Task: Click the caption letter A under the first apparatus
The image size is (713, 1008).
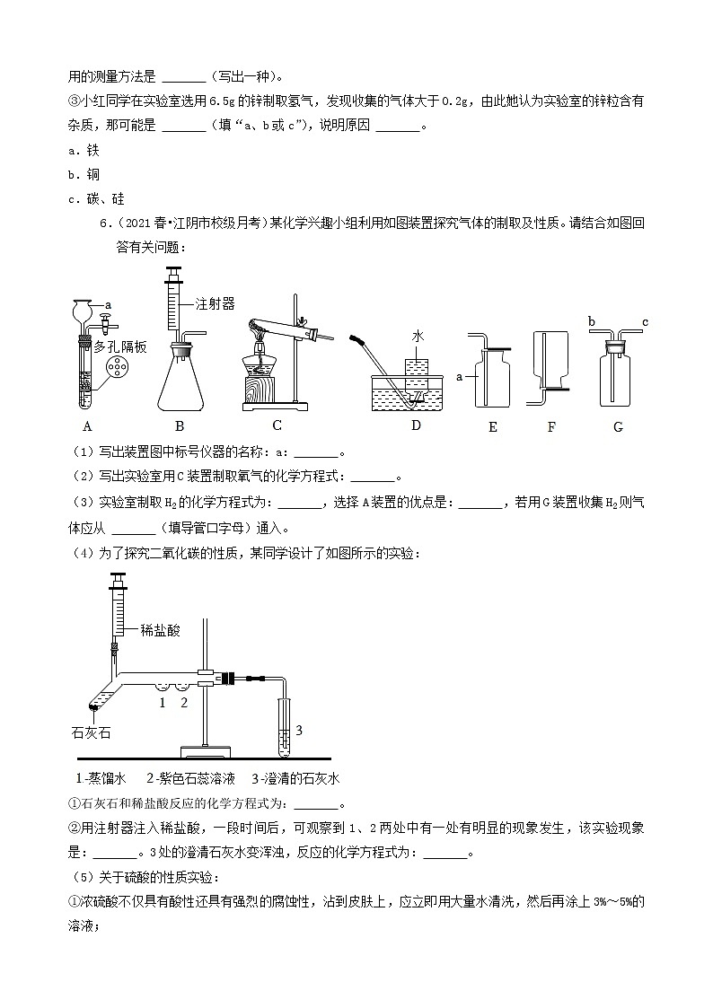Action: (x=87, y=426)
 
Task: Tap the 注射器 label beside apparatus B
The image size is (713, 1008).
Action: (x=215, y=304)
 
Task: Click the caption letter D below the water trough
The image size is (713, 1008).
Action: (x=415, y=425)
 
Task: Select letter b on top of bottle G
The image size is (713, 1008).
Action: (x=592, y=320)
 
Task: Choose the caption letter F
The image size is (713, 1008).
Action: (x=551, y=427)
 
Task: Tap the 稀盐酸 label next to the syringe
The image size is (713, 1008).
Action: (x=160, y=630)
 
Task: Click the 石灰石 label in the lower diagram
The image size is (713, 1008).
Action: (x=91, y=733)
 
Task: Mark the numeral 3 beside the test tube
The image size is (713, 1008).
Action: (x=299, y=730)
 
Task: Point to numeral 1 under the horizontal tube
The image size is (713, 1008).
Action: (x=162, y=702)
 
